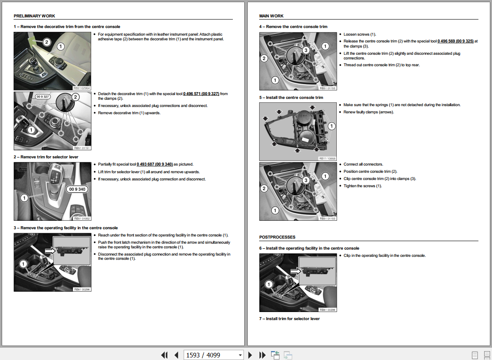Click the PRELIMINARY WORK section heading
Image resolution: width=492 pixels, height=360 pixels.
click(x=34, y=16)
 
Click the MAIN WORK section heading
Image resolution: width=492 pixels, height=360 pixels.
click(x=271, y=16)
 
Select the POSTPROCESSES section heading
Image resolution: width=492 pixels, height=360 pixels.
click(x=277, y=237)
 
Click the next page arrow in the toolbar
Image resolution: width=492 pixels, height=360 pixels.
click(x=250, y=355)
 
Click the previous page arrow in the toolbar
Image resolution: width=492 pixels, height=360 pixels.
click(x=176, y=355)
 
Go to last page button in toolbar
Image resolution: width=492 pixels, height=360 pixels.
click(x=262, y=355)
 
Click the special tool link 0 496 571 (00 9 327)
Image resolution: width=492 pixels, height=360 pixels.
click(x=201, y=94)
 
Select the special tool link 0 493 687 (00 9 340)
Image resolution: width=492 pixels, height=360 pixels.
click(x=154, y=164)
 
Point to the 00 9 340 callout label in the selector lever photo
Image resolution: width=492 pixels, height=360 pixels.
click(x=77, y=189)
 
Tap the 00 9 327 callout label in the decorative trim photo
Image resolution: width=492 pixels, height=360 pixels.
click(x=43, y=97)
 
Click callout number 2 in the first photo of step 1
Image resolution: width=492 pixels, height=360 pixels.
click(x=47, y=42)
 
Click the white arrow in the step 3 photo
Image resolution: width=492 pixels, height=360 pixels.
click(x=50, y=251)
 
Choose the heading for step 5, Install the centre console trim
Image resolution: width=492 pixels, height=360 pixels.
click(x=291, y=98)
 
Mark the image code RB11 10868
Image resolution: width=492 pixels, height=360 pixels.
click(x=327, y=158)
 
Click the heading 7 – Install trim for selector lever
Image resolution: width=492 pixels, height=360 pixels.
click(x=289, y=319)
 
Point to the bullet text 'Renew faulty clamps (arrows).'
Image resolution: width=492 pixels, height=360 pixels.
click(x=368, y=112)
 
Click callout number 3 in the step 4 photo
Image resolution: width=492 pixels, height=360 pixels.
click(x=305, y=50)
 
